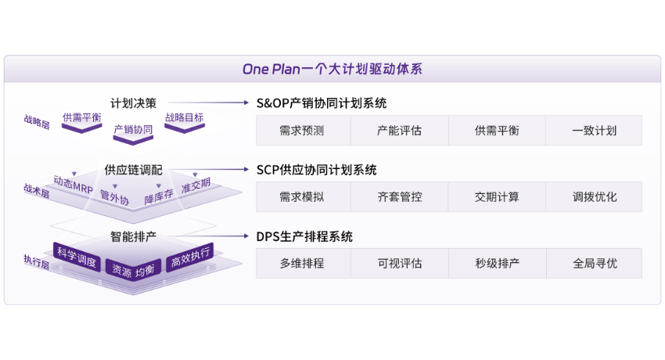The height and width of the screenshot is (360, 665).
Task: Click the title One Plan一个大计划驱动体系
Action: tap(332, 69)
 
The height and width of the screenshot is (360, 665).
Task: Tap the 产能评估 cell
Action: tap(399, 131)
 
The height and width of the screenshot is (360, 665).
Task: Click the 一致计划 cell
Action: tap(594, 131)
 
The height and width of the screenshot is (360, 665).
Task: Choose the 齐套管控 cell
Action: tap(399, 197)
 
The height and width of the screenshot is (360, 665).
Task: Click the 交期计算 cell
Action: tap(497, 197)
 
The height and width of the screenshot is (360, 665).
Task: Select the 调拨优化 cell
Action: tap(594, 197)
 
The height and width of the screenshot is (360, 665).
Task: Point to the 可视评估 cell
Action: tap(399, 264)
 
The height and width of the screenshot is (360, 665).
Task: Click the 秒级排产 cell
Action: tap(497, 264)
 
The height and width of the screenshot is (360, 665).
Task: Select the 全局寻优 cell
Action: tap(594, 264)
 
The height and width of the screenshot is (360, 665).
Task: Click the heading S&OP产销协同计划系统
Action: tap(322, 103)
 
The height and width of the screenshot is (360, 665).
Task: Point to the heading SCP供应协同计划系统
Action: tap(317, 169)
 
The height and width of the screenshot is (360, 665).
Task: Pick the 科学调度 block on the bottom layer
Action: tap(77, 257)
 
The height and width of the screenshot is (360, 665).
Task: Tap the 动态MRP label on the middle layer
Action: tap(73, 185)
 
